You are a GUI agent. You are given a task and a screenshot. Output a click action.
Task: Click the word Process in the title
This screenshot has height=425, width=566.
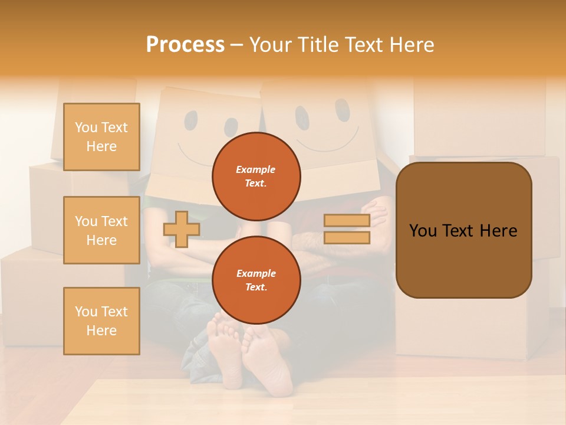coord(185,44)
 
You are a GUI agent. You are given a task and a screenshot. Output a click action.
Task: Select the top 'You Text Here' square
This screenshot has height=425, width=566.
coord(101,137)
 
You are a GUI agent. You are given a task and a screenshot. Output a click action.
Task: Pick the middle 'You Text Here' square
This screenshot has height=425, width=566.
coord(101,230)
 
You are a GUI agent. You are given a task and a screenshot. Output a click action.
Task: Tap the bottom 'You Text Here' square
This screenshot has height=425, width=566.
coord(101,321)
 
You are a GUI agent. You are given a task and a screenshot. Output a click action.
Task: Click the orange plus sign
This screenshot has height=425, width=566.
coord(182,229)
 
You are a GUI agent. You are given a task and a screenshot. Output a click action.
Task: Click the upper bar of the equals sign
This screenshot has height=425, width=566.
coord(347,221)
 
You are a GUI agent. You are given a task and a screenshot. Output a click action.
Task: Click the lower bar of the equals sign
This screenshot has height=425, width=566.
coord(347,237)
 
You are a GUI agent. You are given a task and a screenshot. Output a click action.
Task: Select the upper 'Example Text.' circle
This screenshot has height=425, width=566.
coord(256,176)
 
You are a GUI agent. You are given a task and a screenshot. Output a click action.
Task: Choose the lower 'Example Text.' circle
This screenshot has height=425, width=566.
coord(256,280)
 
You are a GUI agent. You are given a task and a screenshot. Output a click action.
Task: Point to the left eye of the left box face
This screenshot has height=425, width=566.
coord(191,120)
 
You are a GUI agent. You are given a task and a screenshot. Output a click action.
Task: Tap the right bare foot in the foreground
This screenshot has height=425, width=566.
coord(268,357)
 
